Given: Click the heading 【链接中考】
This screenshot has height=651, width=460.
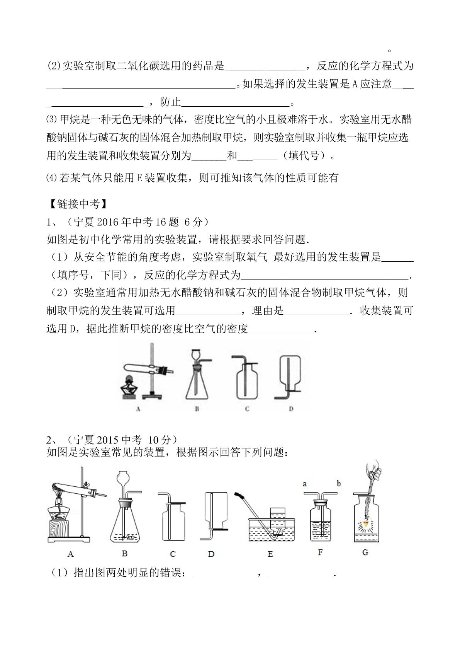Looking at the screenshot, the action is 78,204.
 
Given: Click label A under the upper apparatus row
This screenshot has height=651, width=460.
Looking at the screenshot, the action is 138,409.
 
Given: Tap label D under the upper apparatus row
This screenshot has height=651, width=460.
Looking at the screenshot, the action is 291,409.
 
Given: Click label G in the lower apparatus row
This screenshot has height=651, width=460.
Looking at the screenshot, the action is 365,552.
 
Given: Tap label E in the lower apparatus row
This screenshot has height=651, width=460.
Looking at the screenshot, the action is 270,554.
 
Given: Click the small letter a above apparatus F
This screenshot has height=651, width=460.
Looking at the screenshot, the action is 305,484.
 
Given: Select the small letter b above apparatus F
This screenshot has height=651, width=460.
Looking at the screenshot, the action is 339,483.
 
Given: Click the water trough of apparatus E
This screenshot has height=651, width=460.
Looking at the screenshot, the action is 272,528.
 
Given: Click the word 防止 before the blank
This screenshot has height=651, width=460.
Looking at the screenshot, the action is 170,102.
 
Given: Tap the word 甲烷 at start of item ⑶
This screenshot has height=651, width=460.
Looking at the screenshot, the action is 70,119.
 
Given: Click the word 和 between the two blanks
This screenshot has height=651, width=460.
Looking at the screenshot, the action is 232,155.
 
